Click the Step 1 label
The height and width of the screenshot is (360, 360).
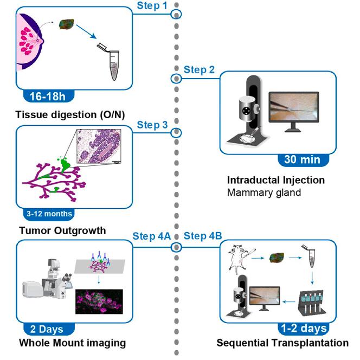153,5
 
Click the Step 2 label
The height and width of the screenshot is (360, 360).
199,69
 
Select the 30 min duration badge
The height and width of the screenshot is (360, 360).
305,159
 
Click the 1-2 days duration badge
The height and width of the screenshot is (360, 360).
304,328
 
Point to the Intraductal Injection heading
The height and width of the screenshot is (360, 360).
275,180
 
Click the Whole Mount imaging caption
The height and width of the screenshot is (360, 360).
72,343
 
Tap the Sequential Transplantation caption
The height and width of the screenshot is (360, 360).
282,343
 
